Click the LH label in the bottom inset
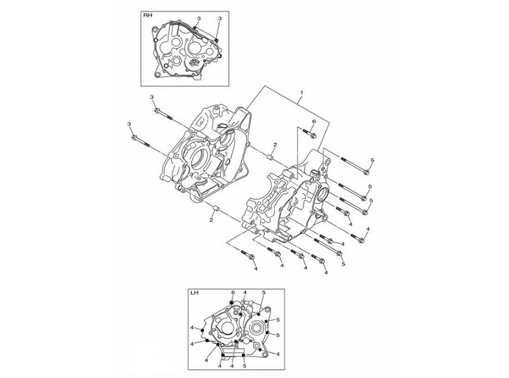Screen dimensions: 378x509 195,293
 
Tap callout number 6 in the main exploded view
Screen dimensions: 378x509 313,121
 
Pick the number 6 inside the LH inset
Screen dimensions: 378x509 233,293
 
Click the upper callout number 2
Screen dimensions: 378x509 276,145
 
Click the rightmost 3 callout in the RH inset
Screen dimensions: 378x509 219,19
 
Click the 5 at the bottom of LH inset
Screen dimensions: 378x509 244,366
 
